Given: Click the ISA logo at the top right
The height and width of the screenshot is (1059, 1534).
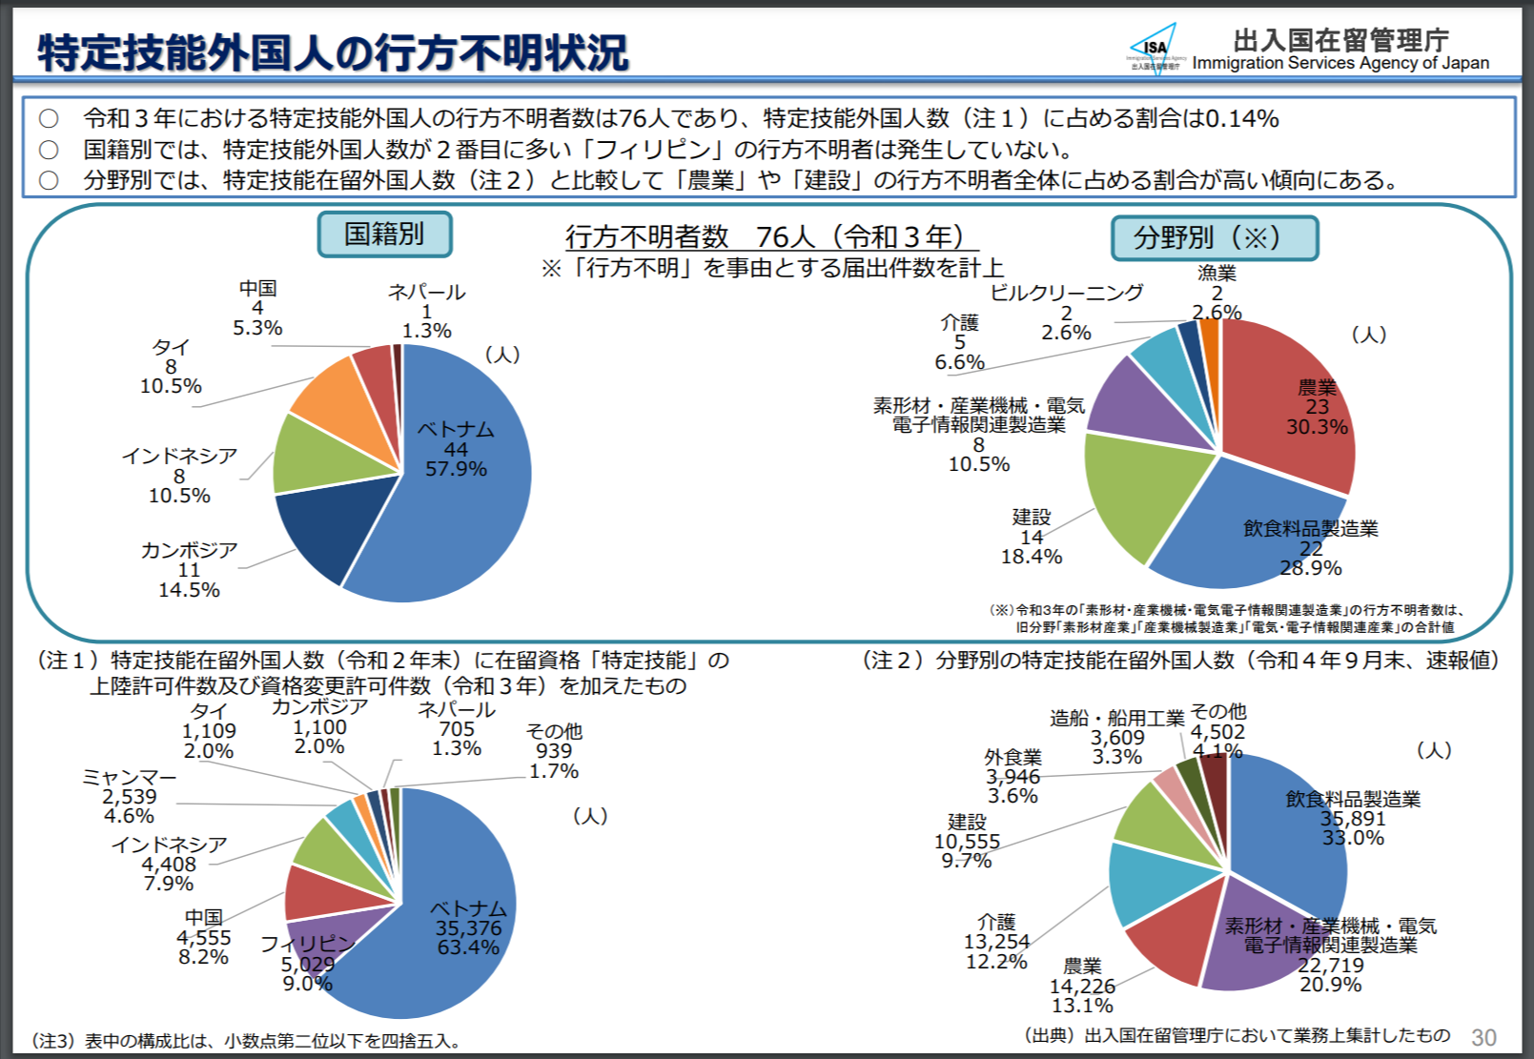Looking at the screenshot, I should pyautogui.click(x=1155, y=46).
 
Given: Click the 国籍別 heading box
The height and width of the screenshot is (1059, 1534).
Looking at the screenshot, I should pyautogui.click(x=384, y=234).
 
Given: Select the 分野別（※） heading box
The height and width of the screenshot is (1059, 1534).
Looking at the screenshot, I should pyautogui.click(x=1214, y=238).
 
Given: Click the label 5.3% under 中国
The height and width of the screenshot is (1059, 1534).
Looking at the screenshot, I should pyautogui.click(x=257, y=328).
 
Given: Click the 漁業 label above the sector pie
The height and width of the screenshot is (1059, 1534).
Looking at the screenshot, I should pyautogui.click(x=1217, y=274).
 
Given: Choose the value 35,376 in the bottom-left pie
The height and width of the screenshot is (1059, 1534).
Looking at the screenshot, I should pyautogui.click(x=468, y=928).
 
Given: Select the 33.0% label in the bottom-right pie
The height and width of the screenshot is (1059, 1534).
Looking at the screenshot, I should pyautogui.click(x=1352, y=838).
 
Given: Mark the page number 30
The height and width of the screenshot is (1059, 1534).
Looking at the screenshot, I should pyautogui.click(x=1483, y=1037).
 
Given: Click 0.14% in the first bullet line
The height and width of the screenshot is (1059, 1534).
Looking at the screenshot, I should pyautogui.click(x=1242, y=119).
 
